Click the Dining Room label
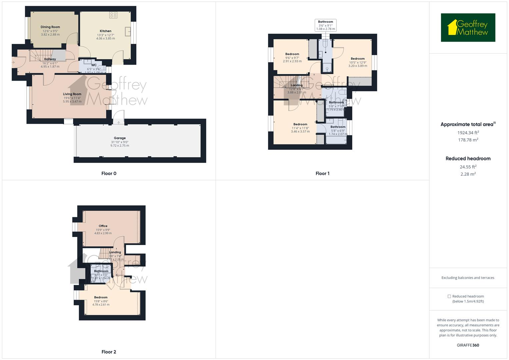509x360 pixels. pos(50,27)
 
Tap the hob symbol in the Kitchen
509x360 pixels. pos(113,15)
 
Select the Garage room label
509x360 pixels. pos(120,138)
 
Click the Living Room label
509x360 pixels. pos(72,94)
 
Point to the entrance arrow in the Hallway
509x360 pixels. pos(13,62)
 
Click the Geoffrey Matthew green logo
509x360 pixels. pos(468,28)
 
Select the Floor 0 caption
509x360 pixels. pos(109,173)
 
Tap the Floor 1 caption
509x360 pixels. pos(322,173)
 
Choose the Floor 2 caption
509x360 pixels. pos(109,352)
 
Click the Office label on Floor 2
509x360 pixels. pos(103,226)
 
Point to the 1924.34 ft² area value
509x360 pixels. pos(468,132)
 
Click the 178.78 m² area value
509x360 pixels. pos(468,140)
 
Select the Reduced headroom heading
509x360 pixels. pos(468,159)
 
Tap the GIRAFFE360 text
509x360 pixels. pos(468,345)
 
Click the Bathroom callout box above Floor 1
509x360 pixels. pos(325,25)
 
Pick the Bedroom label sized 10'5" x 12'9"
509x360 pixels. pos(357,59)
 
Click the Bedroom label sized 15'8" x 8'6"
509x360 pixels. pos(101,297)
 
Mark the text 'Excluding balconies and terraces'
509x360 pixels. pos(468,278)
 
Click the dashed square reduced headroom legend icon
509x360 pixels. pos(449,296)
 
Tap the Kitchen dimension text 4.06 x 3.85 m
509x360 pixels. pos(105,38)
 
